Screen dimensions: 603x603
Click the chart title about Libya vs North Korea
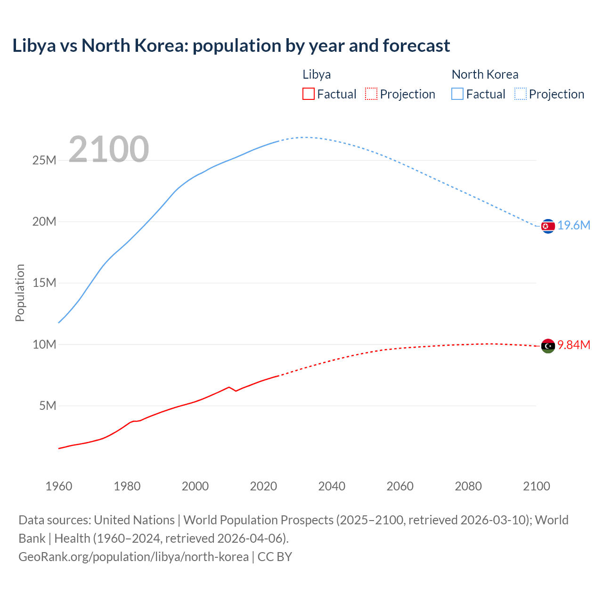(x=231, y=46)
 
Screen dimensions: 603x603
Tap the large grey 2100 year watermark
(x=109, y=149)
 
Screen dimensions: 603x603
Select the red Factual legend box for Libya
(x=308, y=94)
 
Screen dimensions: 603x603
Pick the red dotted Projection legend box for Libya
(x=371, y=94)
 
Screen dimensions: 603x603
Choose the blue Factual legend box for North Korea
(x=457, y=94)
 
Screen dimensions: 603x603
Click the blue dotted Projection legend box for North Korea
(x=520, y=94)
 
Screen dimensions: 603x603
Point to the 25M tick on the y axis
(x=44, y=161)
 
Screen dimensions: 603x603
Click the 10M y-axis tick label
(x=44, y=344)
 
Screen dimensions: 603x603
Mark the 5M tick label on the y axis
(x=48, y=406)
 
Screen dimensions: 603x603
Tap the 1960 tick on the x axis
(x=59, y=486)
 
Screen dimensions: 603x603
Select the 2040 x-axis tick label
(x=332, y=486)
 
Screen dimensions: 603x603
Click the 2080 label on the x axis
(x=468, y=486)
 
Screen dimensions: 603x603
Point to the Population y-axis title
(x=20, y=293)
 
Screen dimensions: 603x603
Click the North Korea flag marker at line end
(x=548, y=226)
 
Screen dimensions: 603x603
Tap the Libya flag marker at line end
(x=548, y=346)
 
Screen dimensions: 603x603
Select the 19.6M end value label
(x=574, y=226)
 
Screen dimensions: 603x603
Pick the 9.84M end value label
(x=574, y=345)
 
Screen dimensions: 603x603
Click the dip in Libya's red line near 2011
(x=236, y=391)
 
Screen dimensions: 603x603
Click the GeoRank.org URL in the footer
(x=133, y=557)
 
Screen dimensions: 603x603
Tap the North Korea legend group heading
(x=485, y=74)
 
